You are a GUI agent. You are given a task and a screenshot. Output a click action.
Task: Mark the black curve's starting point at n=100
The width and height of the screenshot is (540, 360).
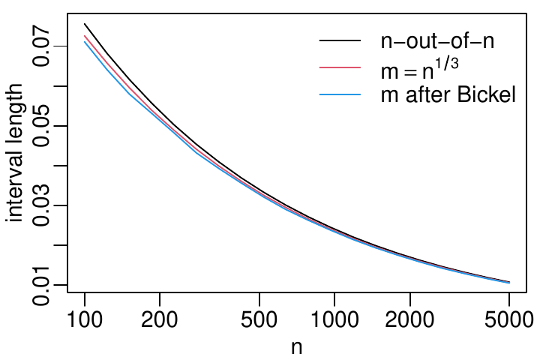click(x=85, y=23)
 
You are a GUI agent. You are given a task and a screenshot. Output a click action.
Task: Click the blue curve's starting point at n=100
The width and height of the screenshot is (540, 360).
click(x=85, y=41)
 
